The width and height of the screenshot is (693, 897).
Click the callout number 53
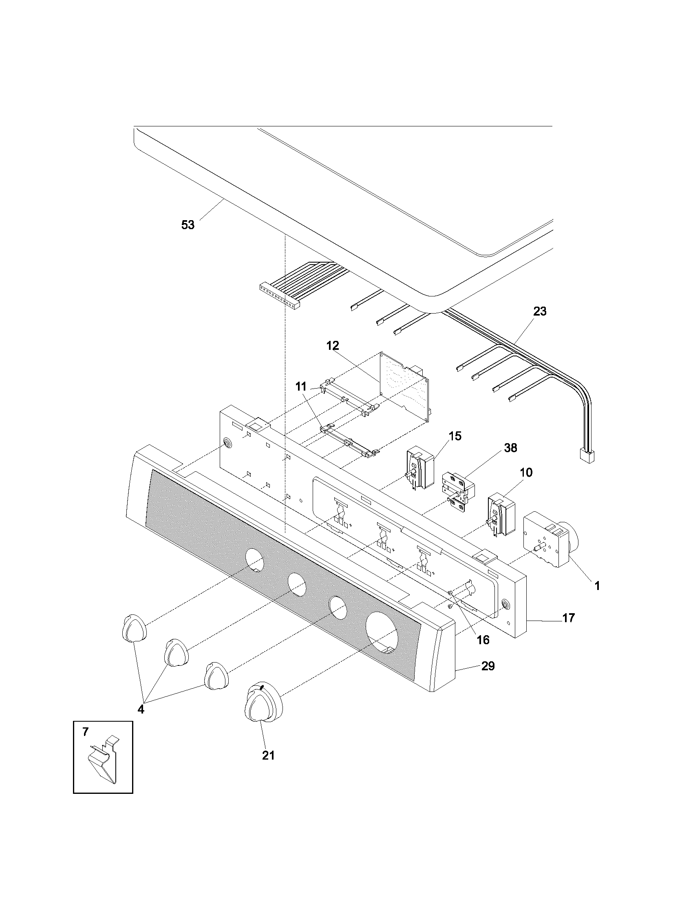(x=188, y=225)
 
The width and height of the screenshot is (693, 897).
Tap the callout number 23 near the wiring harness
(x=539, y=312)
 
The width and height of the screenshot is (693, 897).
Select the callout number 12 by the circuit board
(x=333, y=345)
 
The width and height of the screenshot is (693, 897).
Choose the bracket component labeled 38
(x=457, y=493)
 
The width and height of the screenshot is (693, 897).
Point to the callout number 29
(x=488, y=666)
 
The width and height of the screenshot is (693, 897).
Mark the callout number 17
(x=568, y=629)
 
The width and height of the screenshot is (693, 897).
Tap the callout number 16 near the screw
(x=483, y=639)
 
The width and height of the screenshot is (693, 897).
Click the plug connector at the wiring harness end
(x=586, y=455)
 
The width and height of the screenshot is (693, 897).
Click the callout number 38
(x=510, y=448)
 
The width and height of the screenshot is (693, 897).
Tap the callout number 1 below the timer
(x=597, y=586)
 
